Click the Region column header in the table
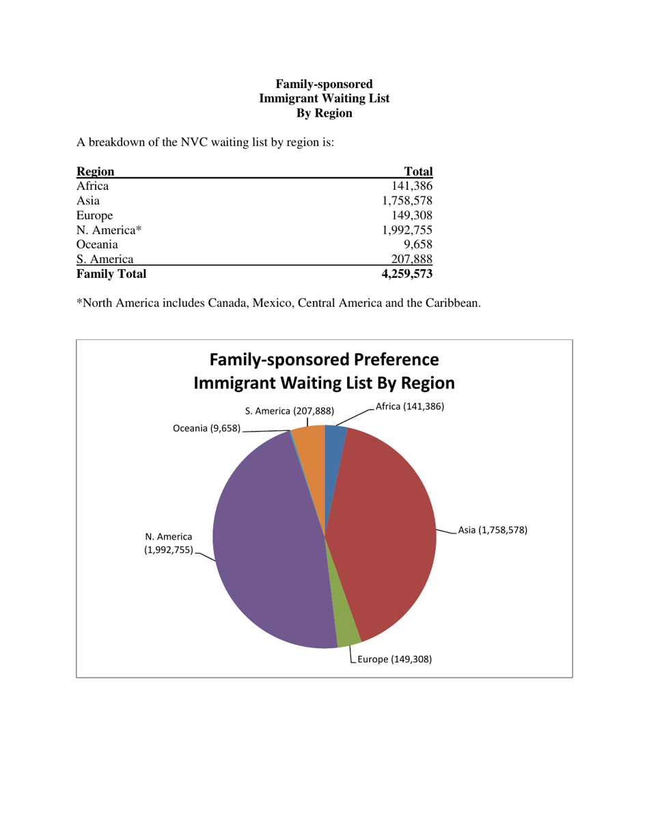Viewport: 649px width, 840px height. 95,171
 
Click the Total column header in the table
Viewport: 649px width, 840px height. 419,171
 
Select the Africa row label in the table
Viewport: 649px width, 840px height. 92,186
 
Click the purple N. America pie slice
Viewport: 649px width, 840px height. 266,546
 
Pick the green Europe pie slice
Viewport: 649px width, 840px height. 347,632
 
